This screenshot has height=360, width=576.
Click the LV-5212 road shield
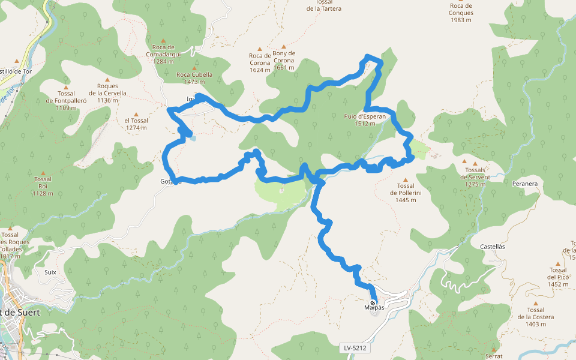coord(356,348)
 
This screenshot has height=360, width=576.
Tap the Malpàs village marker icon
coord(373,303)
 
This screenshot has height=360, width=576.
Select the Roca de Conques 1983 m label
coord(461,13)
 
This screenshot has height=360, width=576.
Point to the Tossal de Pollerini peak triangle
coord(406,179)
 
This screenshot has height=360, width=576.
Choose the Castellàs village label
coord(493,247)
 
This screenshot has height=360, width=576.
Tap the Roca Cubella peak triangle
coord(194,68)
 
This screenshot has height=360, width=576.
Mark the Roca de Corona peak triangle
coord(260,49)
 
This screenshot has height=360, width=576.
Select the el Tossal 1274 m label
coord(136,124)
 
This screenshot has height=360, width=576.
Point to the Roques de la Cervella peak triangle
coord(107,79)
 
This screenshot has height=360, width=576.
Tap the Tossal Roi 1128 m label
coord(43,186)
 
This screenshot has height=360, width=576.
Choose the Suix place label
coord(50,272)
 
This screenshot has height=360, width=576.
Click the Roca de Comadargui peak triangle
coord(163,41)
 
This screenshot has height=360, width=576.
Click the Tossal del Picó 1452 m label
coord(557,277)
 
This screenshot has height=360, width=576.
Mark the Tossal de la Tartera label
coord(324,5)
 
